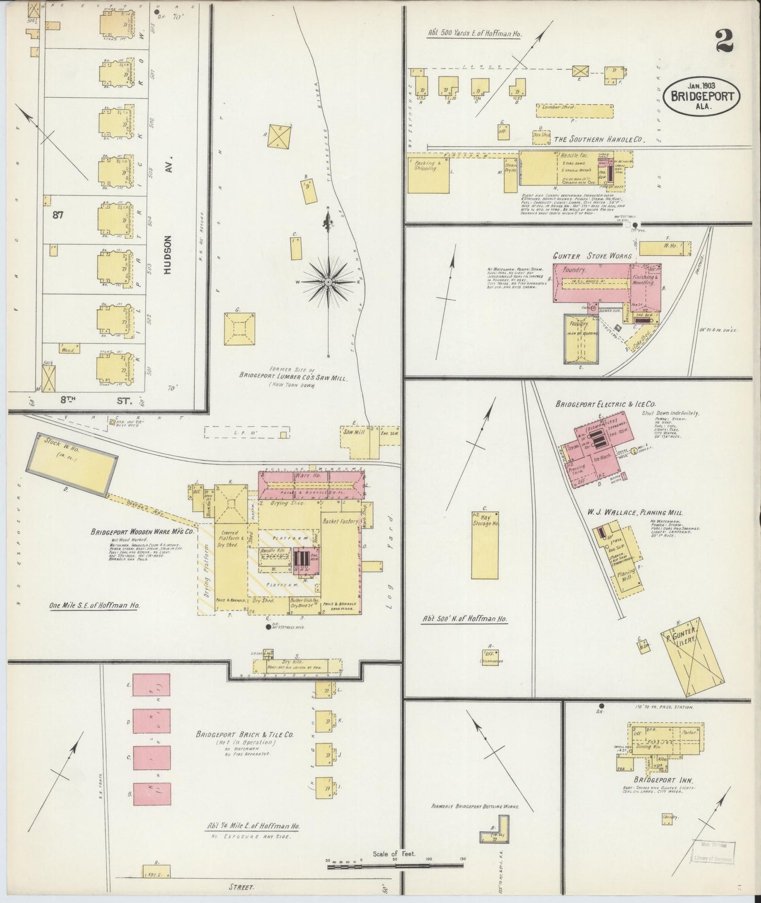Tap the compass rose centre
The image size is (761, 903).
tap(329, 282)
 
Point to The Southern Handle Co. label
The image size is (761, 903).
tap(600, 140)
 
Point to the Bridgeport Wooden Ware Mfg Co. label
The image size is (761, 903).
tap(143, 532)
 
